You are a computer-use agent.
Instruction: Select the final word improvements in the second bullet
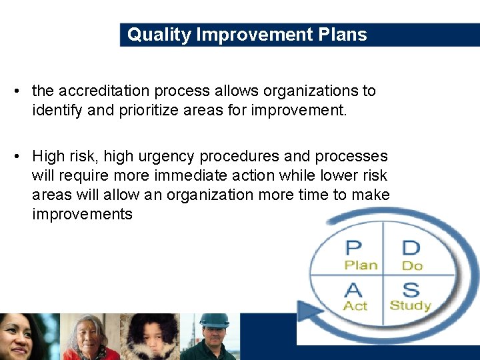(82, 214)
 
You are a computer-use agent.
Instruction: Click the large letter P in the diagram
(353, 248)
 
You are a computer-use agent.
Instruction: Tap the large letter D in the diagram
(411, 248)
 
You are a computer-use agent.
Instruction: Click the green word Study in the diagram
(410, 305)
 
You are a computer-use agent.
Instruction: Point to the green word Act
(355, 305)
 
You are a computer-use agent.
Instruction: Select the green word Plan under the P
(361, 265)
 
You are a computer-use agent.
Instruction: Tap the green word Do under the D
(412, 265)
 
